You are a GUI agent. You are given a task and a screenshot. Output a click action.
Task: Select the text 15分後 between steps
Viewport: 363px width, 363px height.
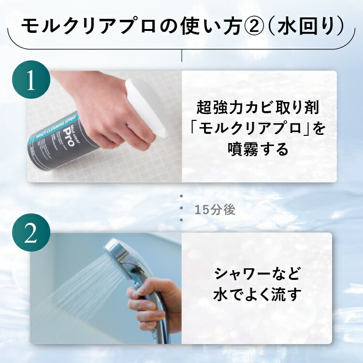click(x=215, y=211)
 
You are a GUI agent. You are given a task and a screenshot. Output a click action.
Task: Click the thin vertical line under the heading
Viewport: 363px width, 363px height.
click(x=181, y=55)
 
